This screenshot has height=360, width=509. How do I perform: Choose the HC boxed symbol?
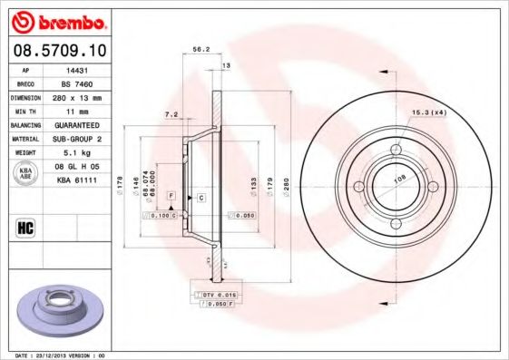click(x=26, y=227)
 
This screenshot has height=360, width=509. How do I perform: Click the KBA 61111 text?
click(x=76, y=181)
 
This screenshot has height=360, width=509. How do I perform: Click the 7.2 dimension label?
click(x=170, y=115)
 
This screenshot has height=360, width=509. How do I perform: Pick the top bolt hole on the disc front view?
click(x=396, y=150)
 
